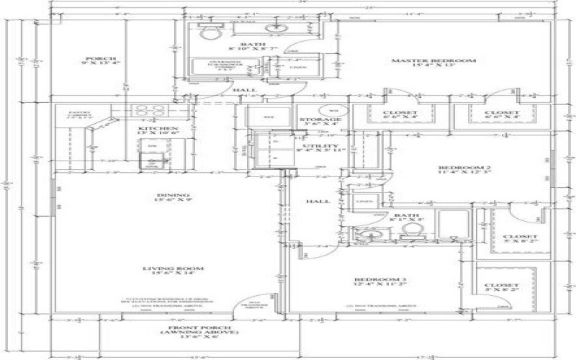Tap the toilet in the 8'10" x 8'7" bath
pos(210,33)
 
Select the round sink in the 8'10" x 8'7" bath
pos(276,30)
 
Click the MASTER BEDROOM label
pos(433,61)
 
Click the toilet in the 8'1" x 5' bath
pos(410,230)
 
